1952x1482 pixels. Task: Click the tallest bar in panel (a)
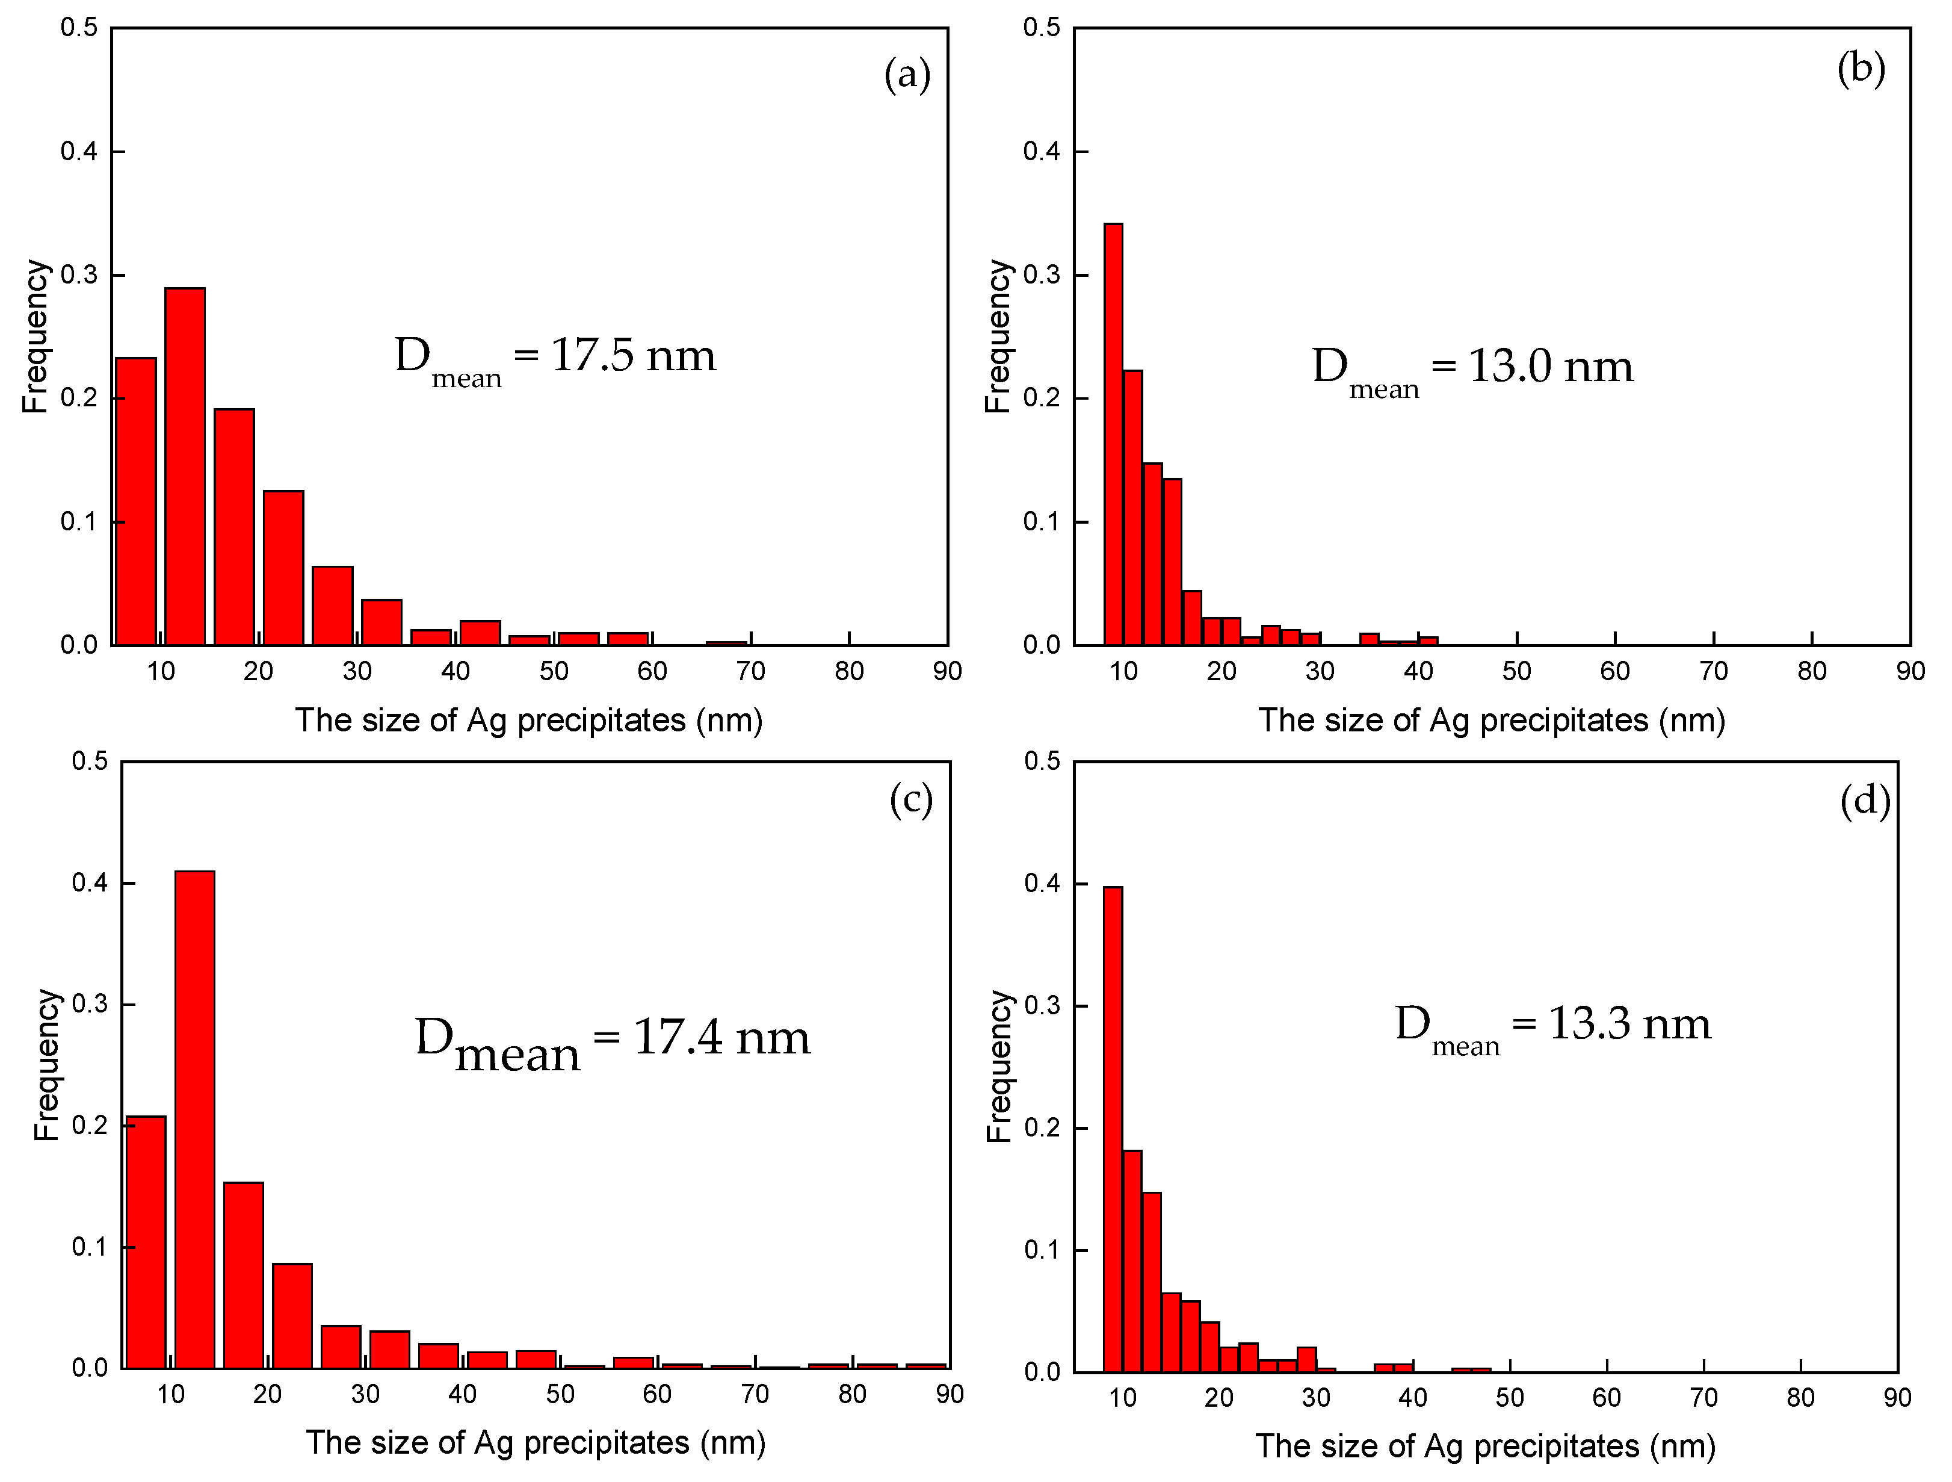coord(185,468)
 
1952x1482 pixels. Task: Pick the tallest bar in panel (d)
coord(1113,1130)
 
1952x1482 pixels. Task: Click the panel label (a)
coord(907,74)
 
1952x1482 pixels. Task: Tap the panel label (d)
coord(1865,801)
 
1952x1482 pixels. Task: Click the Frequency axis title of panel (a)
coord(36,336)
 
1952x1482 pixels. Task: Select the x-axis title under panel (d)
coord(1485,1446)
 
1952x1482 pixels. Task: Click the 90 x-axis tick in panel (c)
coord(950,1395)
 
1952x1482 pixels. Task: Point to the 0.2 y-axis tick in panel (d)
coord(1042,1128)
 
